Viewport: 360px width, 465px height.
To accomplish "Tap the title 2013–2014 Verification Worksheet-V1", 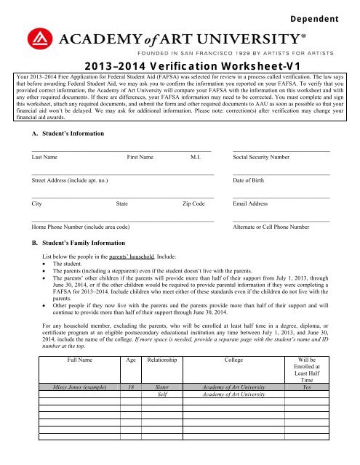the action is pos(180,63).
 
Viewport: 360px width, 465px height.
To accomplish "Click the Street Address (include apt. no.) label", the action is pos(70,180).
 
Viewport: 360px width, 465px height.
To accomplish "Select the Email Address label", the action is pos(253,204).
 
